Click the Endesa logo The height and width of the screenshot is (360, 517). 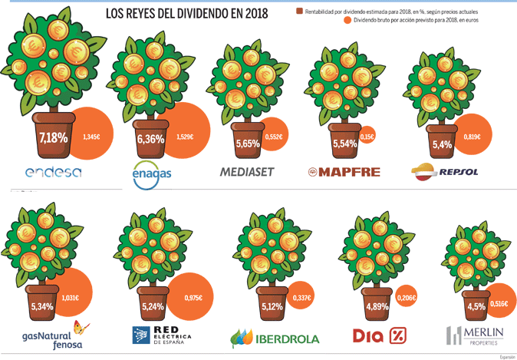(x=53, y=173)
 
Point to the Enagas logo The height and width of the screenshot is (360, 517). (x=153, y=174)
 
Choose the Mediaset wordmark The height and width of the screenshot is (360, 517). (x=247, y=172)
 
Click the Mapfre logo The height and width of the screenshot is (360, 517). (x=344, y=172)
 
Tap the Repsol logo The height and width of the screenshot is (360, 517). (x=444, y=170)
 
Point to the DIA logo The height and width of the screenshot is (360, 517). (x=378, y=335)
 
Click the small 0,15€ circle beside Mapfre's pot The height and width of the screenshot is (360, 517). (x=367, y=137)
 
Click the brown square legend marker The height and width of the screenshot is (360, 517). (x=299, y=12)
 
